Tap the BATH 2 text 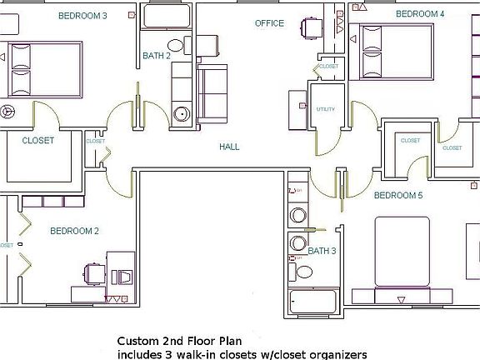(x=157, y=56)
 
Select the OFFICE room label (x=269, y=23)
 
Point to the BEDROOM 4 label (x=420, y=14)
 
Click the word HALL (x=229, y=147)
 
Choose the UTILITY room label (x=325, y=110)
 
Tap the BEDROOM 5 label (x=398, y=195)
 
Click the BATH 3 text (x=322, y=250)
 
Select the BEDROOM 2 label (x=74, y=231)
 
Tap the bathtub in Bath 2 (x=167, y=16)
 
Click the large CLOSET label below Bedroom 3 (x=37, y=141)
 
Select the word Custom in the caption (x=136, y=341)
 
